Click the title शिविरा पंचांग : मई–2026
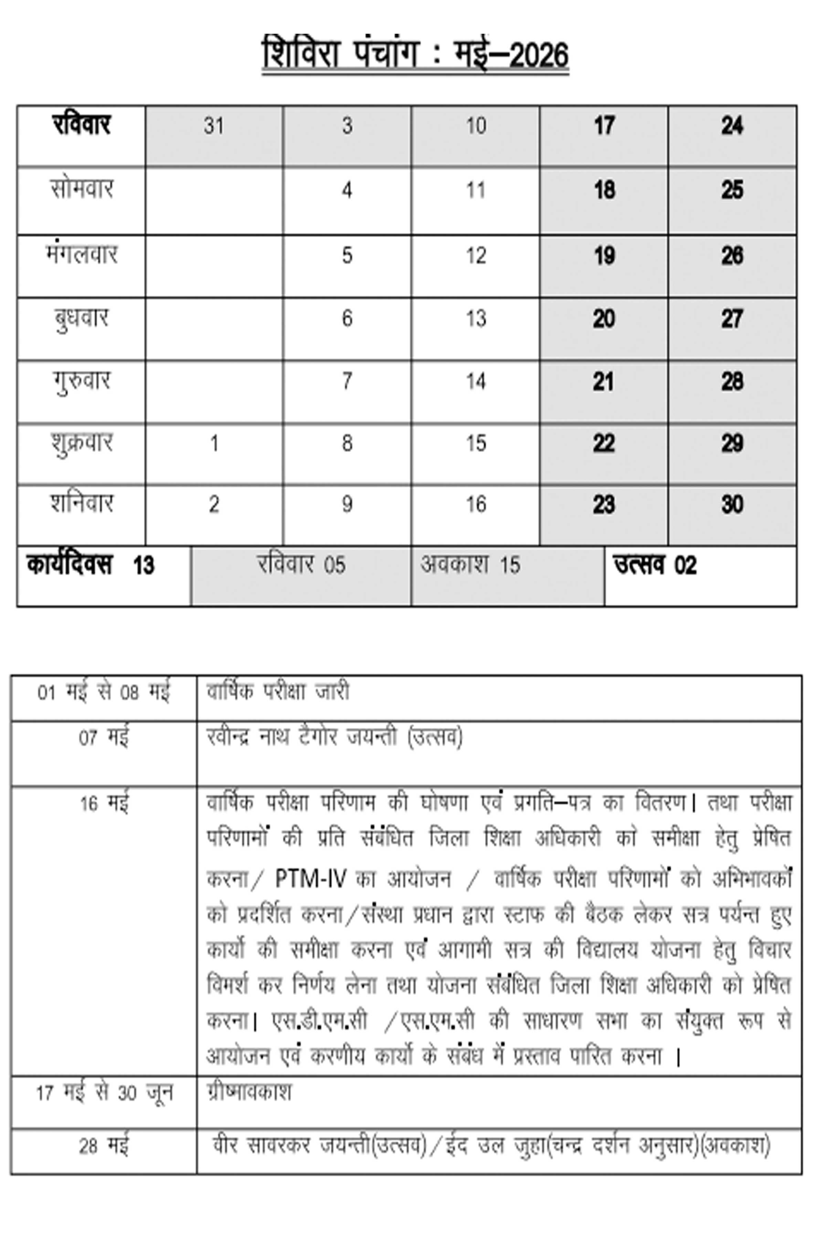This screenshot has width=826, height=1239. pyautogui.click(x=415, y=54)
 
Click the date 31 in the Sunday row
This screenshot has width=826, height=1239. pyautogui.click(x=214, y=126)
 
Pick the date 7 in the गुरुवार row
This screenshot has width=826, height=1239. pyautogui.click(x=347, y=381)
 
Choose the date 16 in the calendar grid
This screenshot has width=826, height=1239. pyautogui.click(x=475, y=505)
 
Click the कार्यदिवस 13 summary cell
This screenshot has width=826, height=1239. pyautogui.click(x=91, y=565)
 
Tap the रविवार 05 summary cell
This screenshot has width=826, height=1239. pyautogui.click(x=301, y=565)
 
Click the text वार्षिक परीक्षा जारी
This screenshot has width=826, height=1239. pyautogui.click(x=278, y=692)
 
